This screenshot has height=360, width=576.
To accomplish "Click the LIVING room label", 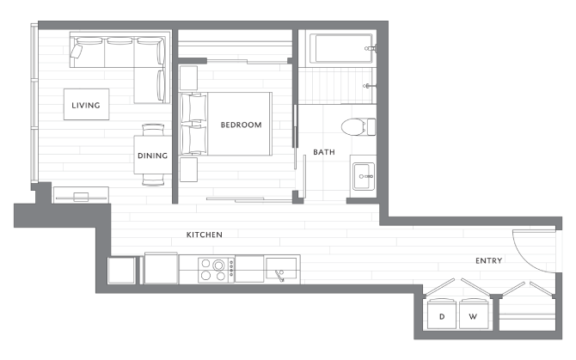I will pyautogui.click(x=86, y=106).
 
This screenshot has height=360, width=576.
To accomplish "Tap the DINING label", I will pyautogui.click(x=152, y=156).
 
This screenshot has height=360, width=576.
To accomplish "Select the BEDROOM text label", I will pyautogui.click(x=241, y=125).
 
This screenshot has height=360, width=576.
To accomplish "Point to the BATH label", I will pyautogui.click(x=324, y=152).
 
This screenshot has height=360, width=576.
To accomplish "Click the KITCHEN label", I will pyautogui.click(x=205, y=234).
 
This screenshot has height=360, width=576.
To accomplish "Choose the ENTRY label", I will pyautogui.click(x=488, y=260).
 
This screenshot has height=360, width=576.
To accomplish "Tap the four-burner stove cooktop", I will pyautogui.click(x=217, y=269).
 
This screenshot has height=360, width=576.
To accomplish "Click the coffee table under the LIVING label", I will pyautogui.click(x=86, y=106).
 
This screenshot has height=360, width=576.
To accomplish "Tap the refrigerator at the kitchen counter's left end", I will pyautogui.click(x=122, y=270).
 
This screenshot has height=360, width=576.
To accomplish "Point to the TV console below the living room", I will pyautogui.click(x=81, y=194).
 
